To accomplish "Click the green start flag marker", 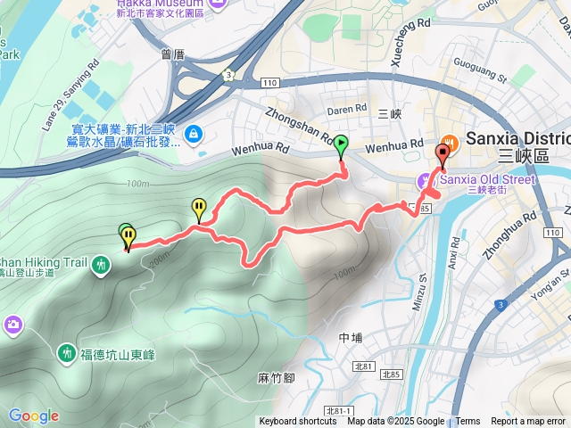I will (342, 144).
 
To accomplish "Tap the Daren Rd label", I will (347, 110).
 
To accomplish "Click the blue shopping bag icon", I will (194, 135).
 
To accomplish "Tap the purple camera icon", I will (13, 324).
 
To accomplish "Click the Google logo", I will (34, 416).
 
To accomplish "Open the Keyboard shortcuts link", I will (297, 422).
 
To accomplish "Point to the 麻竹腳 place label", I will (276, 378).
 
